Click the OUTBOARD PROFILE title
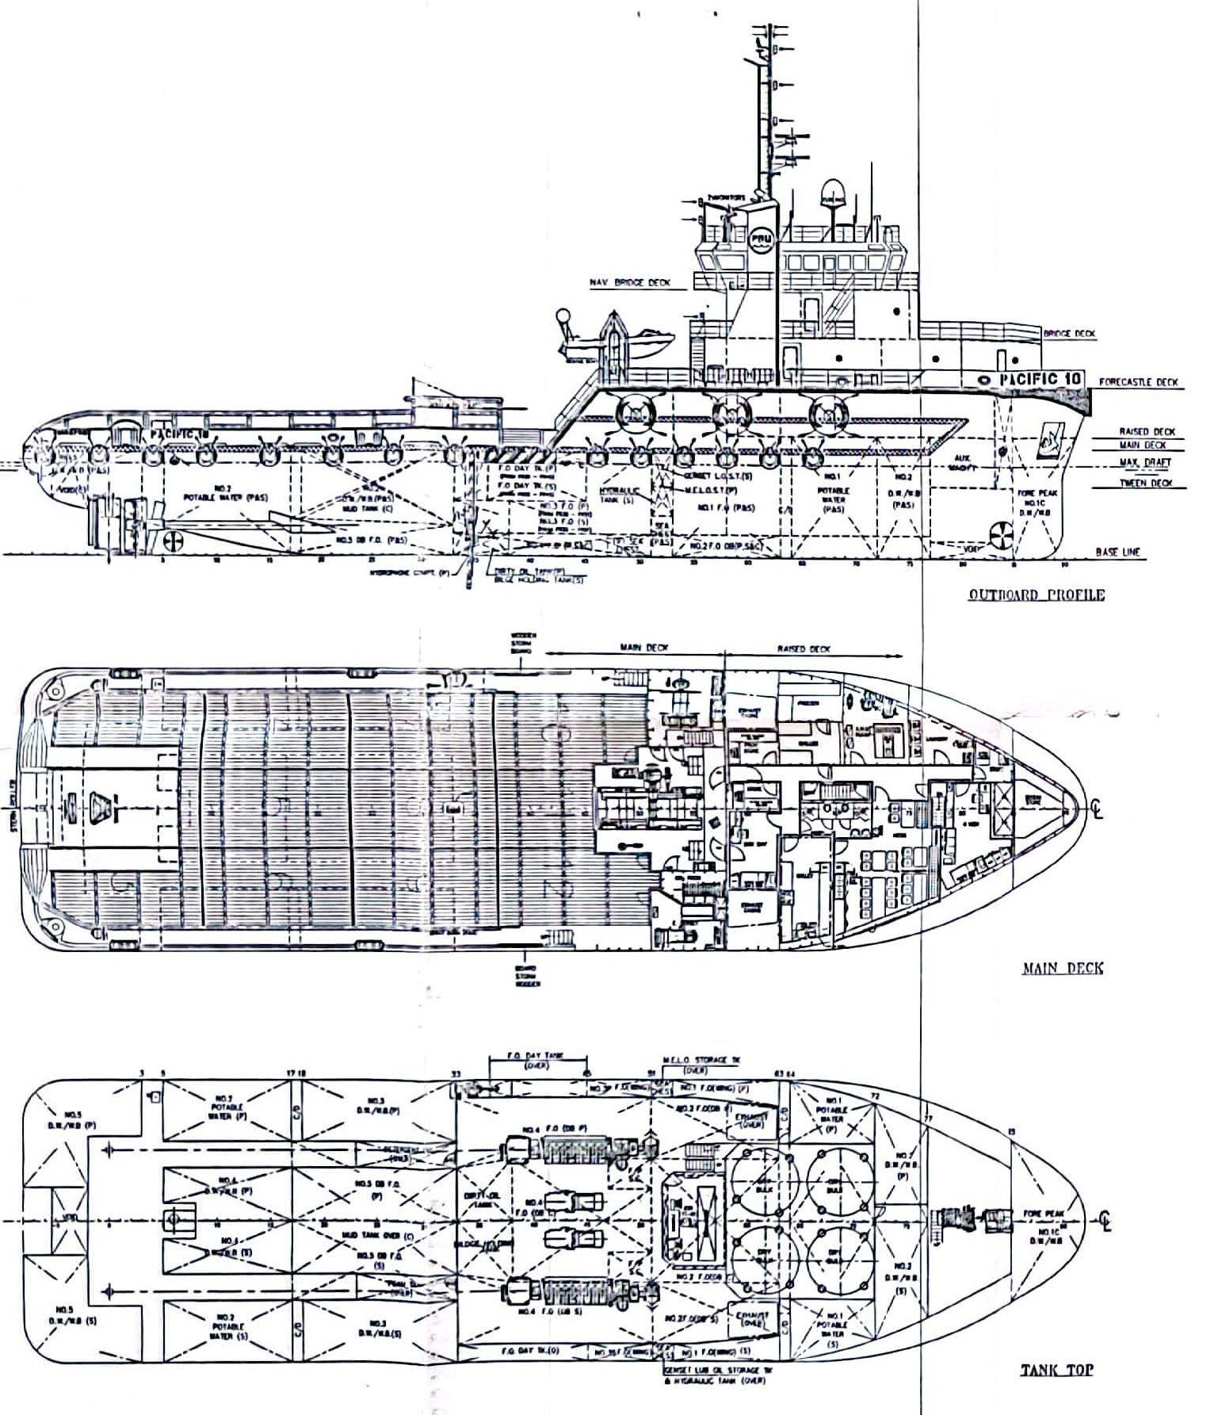point(1036,595)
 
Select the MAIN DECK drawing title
point(1062,967)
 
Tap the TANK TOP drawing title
point(1056,1369)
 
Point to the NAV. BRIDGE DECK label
point(630,282)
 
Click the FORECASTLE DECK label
point(1138,382)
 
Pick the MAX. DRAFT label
point(1145,462)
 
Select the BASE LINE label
point(1117,552)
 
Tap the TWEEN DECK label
point(1145,483)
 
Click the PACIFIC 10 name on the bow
point(1040,379)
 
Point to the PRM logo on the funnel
point(760,239)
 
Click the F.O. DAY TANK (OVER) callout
point(536,1061)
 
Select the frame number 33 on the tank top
point(456,1074)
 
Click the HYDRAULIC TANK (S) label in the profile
point(618,495)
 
